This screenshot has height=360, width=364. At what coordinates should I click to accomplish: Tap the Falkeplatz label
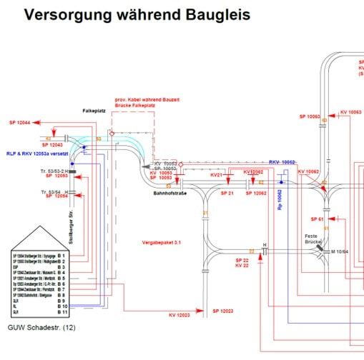click(94, 111)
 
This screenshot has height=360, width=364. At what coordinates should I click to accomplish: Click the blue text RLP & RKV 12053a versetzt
click(36, 154)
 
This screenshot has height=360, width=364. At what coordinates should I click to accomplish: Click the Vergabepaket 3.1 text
click(162, 244)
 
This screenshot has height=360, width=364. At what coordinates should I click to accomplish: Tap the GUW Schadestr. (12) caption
click(39, 328)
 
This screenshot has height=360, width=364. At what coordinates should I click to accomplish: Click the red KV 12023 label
click(181, 315)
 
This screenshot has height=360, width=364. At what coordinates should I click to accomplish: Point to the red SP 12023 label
click(222, 311)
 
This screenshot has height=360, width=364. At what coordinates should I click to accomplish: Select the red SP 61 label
click(318, 219)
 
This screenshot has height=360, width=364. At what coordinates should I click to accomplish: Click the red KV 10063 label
click(350, 112)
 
